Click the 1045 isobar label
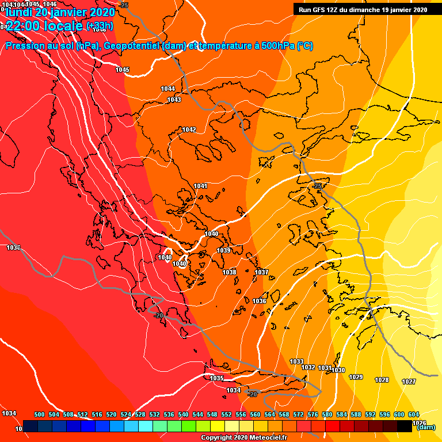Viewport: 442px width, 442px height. click(122, 70)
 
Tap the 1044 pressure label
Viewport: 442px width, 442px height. click(168, 89)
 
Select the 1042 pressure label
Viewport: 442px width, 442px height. click(189, 129)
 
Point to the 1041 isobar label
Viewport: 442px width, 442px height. click(200, 186)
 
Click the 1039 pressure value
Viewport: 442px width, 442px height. click(224, 250)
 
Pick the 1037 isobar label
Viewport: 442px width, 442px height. click(261, 272)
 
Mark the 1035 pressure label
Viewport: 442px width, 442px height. click(216, 378)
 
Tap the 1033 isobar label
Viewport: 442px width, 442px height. click(296, 361)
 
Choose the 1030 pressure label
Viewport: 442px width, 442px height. click(338, 370)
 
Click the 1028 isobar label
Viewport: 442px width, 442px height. click(382, 380)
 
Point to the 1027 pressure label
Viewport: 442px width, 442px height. click(409, 382)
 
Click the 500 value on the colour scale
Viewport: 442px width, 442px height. click(40, 414)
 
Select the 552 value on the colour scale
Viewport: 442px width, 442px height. click(226, 414)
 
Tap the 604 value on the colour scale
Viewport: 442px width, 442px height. click(413, 414)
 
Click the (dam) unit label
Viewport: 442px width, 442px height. click(425, 427)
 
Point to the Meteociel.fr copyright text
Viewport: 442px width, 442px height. click(243, 438)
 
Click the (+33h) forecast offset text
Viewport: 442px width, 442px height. click(99, 26)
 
